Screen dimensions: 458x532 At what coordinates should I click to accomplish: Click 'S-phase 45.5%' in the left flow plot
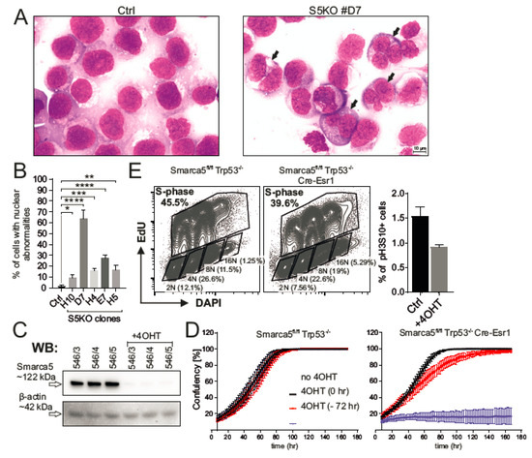coord(170,200)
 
